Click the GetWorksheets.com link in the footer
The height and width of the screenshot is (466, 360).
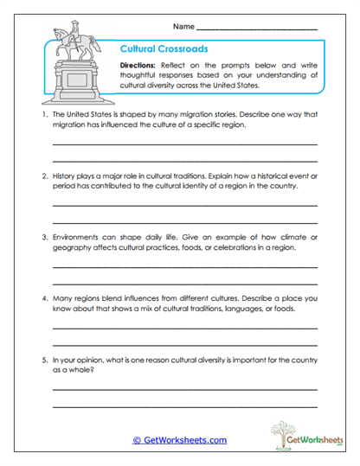coord(180,440)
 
